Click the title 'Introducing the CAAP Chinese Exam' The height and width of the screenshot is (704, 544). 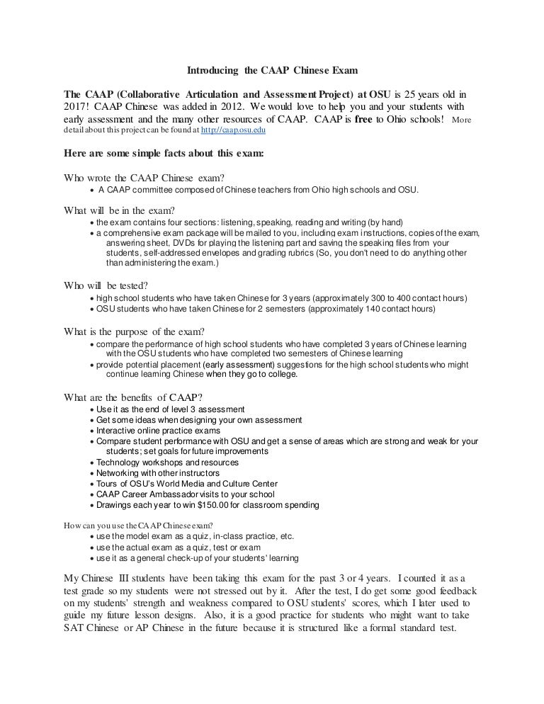273,72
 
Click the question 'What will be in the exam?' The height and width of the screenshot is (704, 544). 120,210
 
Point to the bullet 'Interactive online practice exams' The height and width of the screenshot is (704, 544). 158,431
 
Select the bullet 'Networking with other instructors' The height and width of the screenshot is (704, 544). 158,472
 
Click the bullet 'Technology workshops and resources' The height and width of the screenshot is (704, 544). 167,462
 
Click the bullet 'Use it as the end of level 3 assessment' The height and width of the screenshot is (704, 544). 171,409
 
